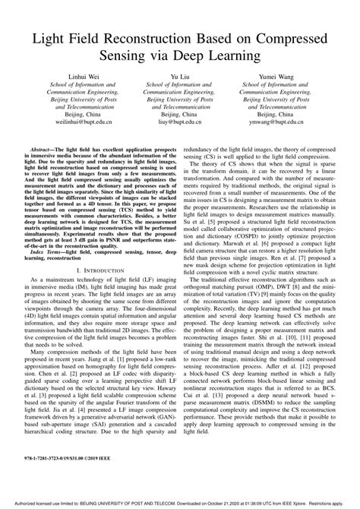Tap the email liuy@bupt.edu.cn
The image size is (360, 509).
coord(179,131)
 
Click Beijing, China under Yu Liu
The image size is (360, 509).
coord(179,122)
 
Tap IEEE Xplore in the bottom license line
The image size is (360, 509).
coord(302,503)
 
